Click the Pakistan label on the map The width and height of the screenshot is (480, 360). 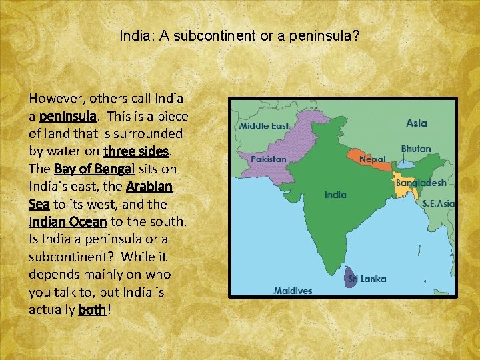(x=268, y=159)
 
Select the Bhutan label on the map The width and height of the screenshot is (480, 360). (x=416, y=149)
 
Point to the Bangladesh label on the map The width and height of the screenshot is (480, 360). (x=421, y=182)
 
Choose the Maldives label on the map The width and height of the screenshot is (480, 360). (x=293, y=291)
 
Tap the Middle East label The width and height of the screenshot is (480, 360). (x=264, y=126)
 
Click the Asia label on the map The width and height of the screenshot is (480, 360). (x=417, y=123)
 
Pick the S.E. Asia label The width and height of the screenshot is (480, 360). (x=438, y=203)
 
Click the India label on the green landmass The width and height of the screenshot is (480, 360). (x=335, y=195)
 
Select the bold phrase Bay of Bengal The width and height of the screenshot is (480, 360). (x=95, y=169)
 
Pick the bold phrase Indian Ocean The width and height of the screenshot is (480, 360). (x=67, y=221)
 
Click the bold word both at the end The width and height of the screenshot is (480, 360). (x=92, y=310)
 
